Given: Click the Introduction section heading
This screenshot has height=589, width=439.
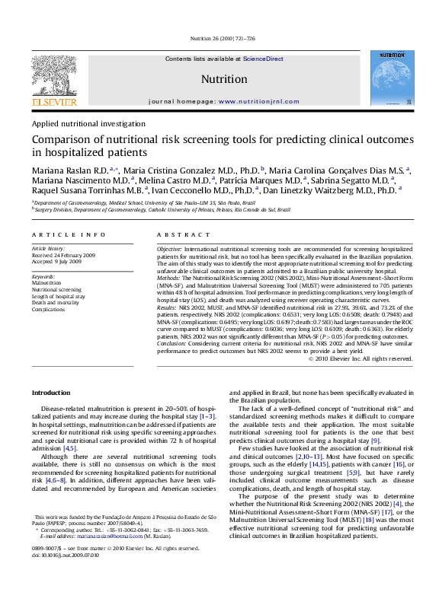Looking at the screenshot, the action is tap(50, 392).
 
